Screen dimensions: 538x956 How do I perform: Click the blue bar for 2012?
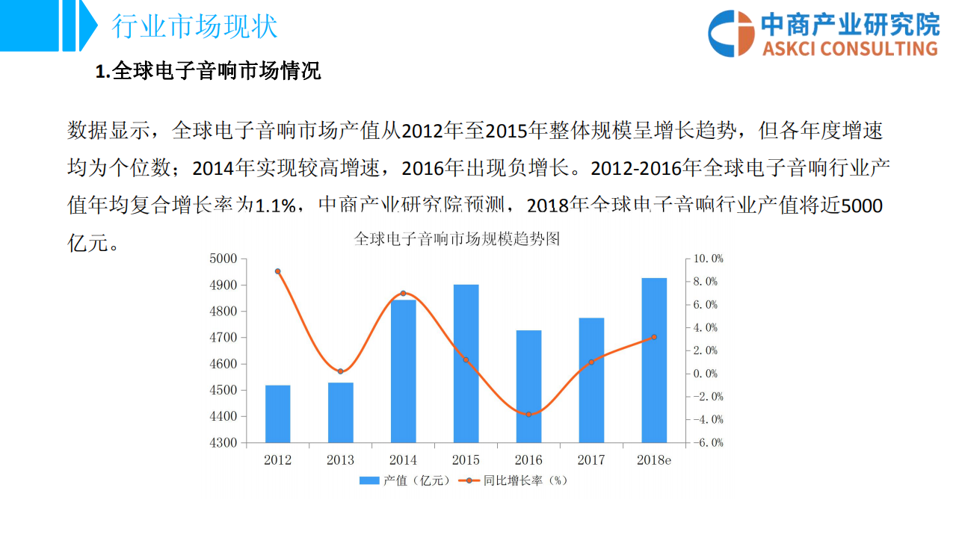[277, 414]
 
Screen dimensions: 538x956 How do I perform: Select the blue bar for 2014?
[403, 371]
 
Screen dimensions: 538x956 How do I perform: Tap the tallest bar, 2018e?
[654, 360]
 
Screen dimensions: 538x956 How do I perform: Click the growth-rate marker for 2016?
[528, 414]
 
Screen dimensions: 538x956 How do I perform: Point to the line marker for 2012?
[277, 271]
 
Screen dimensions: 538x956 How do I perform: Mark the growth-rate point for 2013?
[340, 371]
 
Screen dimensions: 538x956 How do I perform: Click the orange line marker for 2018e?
[654, 337]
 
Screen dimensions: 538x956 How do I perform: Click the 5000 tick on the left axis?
[223, 259]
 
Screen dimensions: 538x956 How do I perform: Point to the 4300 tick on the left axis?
[223, 443]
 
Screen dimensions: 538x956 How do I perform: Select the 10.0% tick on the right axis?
[707, 259]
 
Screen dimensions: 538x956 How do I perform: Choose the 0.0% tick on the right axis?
[707, 374]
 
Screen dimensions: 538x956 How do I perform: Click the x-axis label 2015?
[466, 460]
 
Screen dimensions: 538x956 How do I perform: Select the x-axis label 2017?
[591, 460]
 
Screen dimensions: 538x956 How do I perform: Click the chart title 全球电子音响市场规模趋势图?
[457, 240]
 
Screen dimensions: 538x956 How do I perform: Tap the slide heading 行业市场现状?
[194, 26]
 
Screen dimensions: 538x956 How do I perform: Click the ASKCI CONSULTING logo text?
[850, 49]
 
